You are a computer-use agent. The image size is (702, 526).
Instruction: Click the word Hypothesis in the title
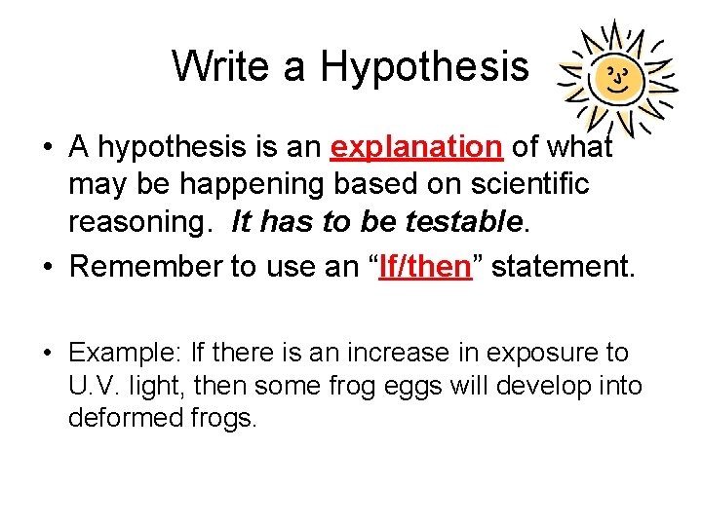point(424,66)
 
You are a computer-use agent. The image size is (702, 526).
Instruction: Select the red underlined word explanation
point(416,147)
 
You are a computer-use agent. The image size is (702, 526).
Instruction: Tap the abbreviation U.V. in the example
point(94,386)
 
